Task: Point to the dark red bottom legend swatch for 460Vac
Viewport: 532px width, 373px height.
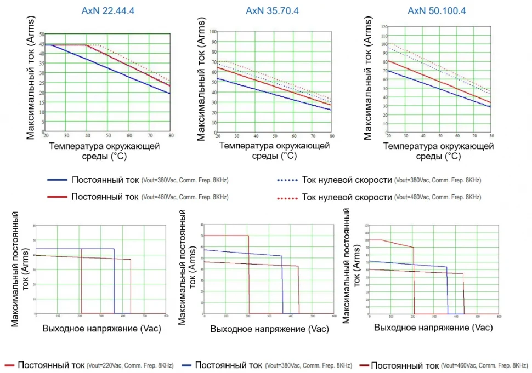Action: tap(360, 365)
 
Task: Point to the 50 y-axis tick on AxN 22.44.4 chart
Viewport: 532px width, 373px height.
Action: tap(42, 35)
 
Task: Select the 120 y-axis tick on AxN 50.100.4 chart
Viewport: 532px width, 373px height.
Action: tap(384, 26)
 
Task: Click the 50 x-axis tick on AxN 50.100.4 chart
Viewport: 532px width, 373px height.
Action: tap(440, 135)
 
